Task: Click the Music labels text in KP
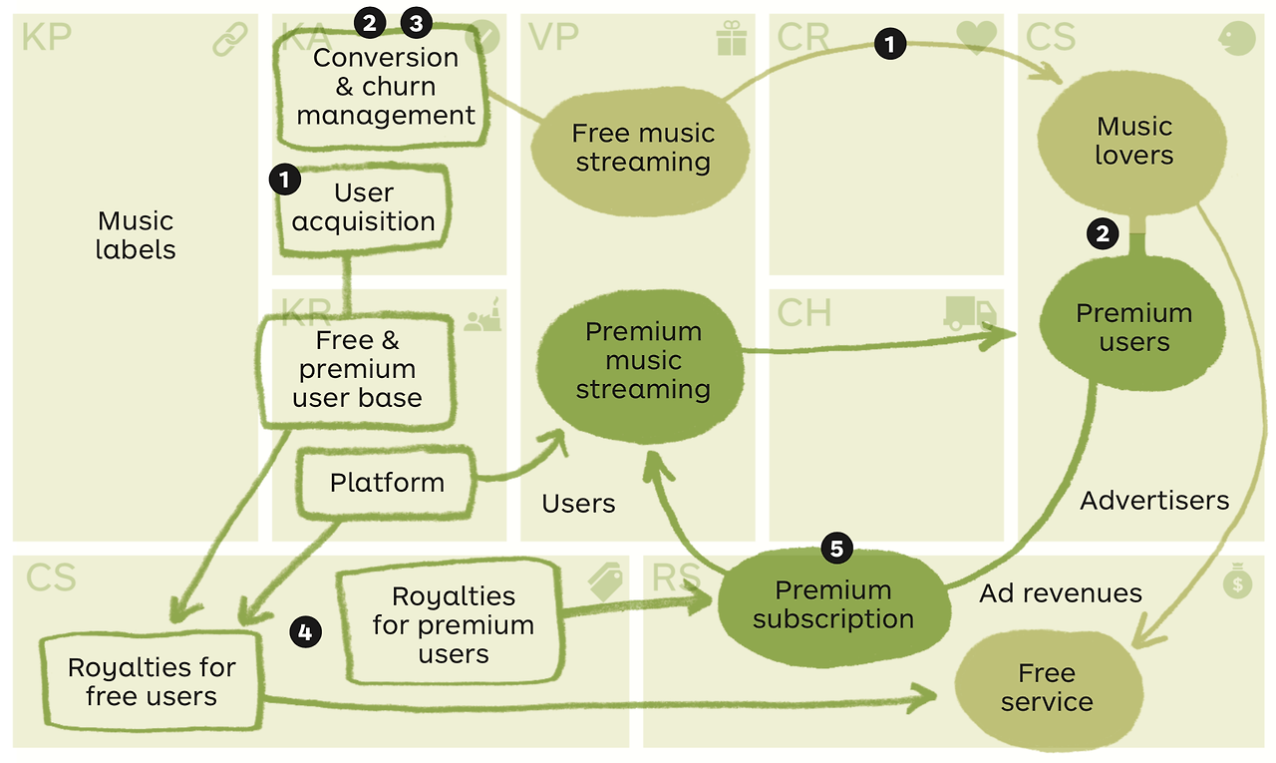point(135,235)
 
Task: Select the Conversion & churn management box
point(385,87)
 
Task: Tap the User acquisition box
point(363,207)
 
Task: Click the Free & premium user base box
point(357,369)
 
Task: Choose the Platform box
point(387,483)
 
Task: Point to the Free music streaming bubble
point(642,148)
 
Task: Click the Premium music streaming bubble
point(642,360)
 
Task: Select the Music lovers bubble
point(1133,141)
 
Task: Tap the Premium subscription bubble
point(832,604)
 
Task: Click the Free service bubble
point(1047,687)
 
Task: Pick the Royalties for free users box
point(152,682)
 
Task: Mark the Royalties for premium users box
point(454,625)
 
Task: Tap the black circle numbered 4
point(306,631)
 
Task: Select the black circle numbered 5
point(836,548)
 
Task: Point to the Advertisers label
point(1154,500)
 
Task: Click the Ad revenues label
point(1060,593)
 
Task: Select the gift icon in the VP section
point(731,38)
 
